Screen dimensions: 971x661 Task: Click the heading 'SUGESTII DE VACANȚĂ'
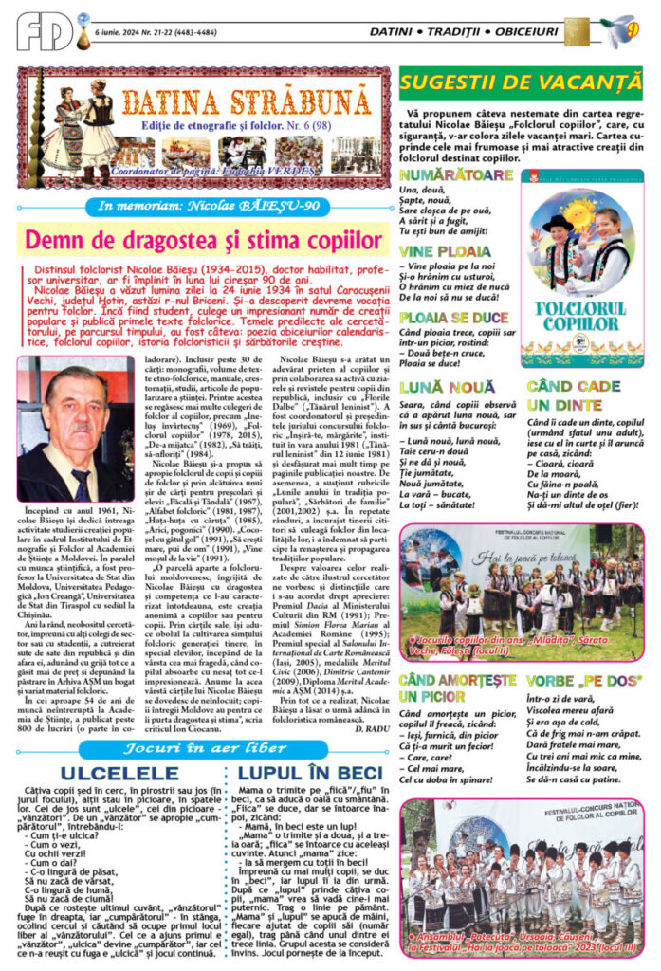pos(521,82)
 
